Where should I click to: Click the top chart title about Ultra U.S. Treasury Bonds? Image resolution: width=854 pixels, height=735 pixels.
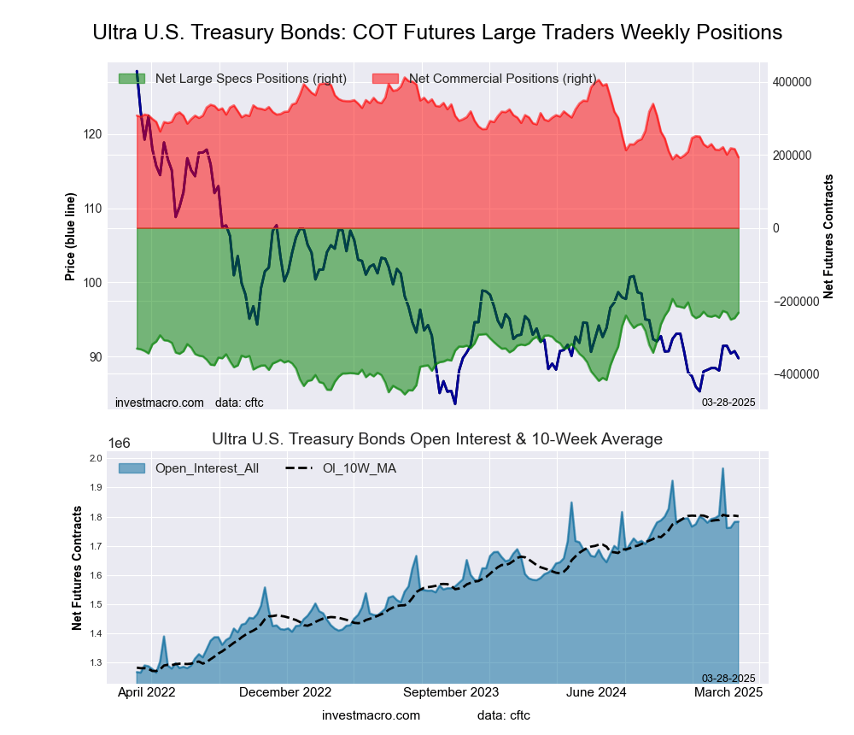coord(436,32)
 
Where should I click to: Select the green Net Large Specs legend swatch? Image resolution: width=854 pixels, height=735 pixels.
coord(132,79)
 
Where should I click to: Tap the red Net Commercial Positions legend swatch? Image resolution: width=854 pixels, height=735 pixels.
coord(385,79)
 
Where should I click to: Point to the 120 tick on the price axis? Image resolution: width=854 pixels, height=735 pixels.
coord(93,134)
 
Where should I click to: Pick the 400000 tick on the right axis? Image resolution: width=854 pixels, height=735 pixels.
coord(792,82)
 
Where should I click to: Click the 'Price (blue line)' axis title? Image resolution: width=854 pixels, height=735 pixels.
coord(70,238)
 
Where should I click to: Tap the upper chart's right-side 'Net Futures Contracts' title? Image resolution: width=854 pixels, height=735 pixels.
coord(828,236)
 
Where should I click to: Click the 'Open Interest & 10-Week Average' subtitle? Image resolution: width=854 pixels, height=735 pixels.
coord(436,439)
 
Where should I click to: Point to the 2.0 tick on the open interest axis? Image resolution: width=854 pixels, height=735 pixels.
coord(95,459)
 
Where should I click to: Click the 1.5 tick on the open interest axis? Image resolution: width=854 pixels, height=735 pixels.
coord(95,605)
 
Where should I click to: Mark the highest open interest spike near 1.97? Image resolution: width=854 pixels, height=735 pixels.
coord(722,468)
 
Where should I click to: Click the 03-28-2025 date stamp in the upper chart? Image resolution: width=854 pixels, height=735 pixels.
coord(728,401)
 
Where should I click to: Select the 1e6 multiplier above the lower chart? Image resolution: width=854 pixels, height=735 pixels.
coord(120,443)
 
